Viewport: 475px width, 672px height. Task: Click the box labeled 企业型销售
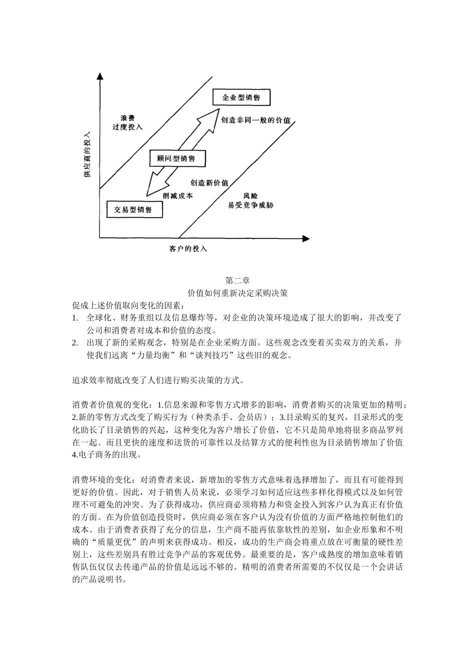(x=241, y=97)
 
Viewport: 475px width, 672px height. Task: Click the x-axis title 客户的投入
(x=187, y=248)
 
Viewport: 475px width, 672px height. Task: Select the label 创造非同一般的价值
(x=255, y=120)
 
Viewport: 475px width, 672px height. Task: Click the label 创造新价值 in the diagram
(x=209, y=183)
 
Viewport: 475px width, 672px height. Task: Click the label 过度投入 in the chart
(x=127, y=127)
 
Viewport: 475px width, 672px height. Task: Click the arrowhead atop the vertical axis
(x=100, y=77)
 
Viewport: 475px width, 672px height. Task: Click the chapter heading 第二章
(x=237, y=280)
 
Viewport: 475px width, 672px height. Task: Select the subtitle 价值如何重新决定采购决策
(x=237, y=293)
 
